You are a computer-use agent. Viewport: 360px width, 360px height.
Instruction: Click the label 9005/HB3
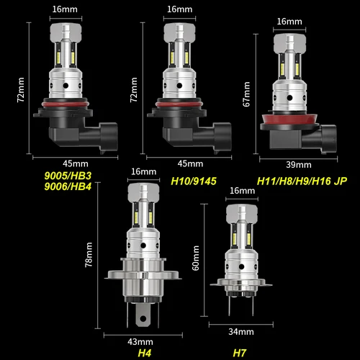63,175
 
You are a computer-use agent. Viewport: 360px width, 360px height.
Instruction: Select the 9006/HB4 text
63,186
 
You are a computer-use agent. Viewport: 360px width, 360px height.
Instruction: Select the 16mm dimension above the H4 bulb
143,171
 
